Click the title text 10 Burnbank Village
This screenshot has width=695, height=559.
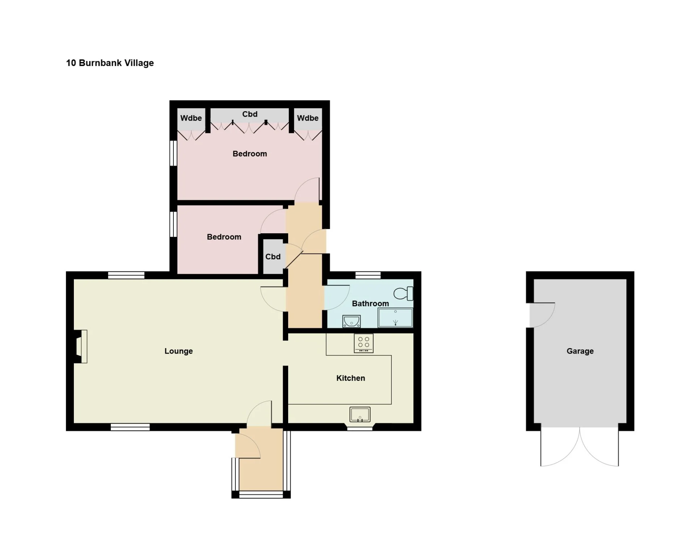coord(110,63)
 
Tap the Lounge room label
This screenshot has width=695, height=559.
coord(178,351)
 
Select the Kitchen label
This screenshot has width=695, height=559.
coord(350,378)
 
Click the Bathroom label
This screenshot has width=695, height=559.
coord(370,304)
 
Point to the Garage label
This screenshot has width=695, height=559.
coord(580,351)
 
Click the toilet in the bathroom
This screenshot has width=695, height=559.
coord(403,293)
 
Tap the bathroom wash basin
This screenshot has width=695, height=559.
coord(351,321)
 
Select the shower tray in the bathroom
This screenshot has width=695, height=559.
coord(395,318)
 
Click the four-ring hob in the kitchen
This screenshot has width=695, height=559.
coord(363,343)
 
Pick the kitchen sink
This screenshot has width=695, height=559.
coord(360,414)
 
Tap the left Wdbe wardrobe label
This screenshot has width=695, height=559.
coord(191,118)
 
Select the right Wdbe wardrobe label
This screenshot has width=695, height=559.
coord(308,118)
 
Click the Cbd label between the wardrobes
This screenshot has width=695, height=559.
coord(250,114)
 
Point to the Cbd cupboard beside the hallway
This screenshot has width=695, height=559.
coord(273,256)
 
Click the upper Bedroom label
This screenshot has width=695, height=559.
coord(250,154)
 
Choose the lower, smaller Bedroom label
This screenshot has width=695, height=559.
coord(224,237)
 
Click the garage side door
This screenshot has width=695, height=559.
coord(542,315)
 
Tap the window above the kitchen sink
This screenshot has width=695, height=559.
coord(360,429)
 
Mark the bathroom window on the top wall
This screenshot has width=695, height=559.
coord(368,275)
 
